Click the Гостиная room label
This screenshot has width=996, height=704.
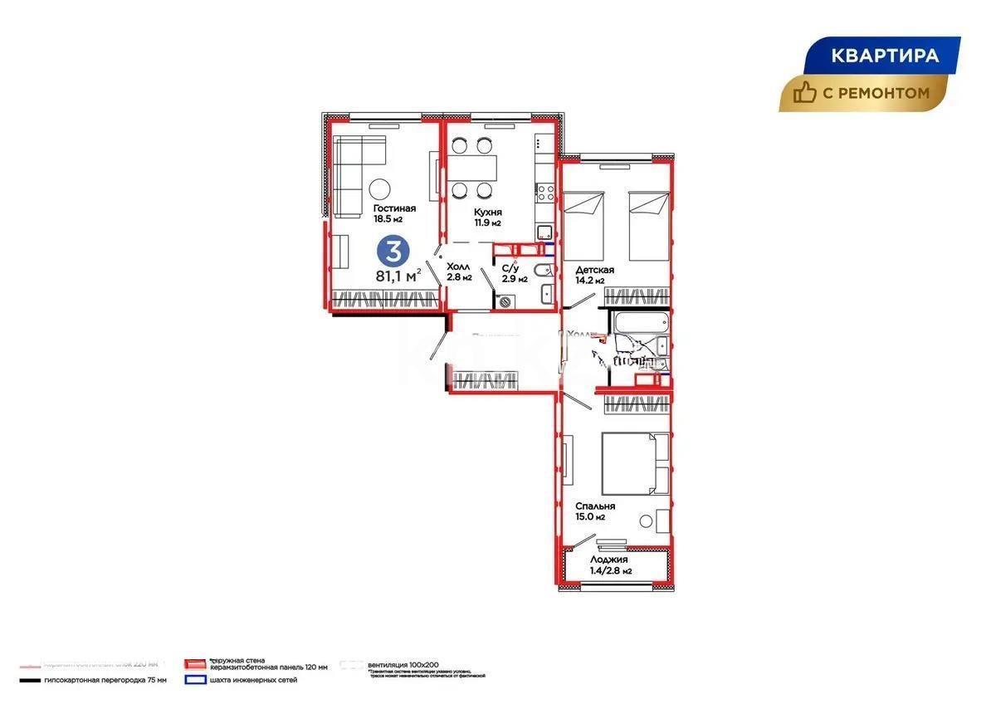click(x=393, y=208)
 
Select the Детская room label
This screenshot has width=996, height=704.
click(x=593, y=271)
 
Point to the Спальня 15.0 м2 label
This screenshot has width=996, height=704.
click(x=594, y=506)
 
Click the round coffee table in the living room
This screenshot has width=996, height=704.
click(x=382, y=188)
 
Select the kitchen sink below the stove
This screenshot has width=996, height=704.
click(x=544, y=232)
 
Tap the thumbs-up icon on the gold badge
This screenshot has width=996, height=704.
click(x=803, y=93)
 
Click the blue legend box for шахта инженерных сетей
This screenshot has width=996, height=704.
click(x=194, y=680)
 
